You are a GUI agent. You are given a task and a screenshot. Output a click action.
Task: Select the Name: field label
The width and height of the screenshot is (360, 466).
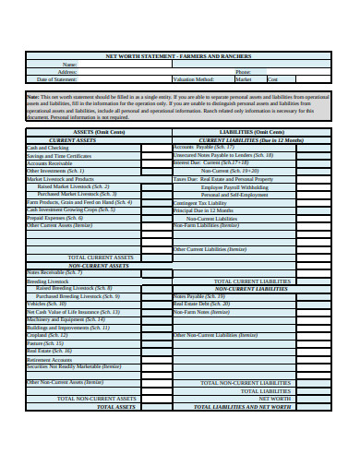pos(69,65)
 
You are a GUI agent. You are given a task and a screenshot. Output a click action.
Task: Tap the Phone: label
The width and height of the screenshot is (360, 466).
pos(243,72)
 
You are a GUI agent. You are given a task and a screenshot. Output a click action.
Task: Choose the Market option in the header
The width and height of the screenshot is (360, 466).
pos(244,79)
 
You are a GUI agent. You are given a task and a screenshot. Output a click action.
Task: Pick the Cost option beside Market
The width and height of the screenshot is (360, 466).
pos(274,79)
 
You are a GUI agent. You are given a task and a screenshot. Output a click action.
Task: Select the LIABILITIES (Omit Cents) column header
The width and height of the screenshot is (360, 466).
pos(250,132)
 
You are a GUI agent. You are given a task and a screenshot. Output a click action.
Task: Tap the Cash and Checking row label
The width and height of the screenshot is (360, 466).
pos(48,148)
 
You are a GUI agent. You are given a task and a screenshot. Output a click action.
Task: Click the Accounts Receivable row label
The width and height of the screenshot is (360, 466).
pos(51,163)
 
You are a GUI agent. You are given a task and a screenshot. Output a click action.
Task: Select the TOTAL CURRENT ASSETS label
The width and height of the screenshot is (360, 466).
pos(102,257)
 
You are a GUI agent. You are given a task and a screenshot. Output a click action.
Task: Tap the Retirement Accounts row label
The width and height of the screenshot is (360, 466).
pos(51,360)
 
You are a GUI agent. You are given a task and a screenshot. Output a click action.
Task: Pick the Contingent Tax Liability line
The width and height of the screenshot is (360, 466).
pos(203,202)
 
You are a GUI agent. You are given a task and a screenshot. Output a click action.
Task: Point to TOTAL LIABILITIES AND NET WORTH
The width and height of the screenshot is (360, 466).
pos(243,407)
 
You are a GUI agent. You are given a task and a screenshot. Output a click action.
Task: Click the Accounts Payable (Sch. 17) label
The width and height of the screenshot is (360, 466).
pos(204,147)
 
